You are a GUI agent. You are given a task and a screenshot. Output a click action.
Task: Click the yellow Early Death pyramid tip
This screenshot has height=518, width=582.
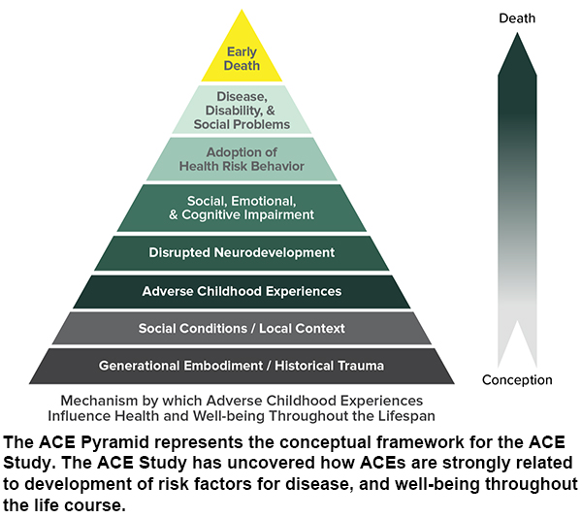coord(242,58)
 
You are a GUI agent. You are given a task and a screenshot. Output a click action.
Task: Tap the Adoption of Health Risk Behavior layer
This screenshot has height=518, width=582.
coord(242,159)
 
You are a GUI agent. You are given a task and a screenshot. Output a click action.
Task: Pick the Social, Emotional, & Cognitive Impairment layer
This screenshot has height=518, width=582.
coord(242,208)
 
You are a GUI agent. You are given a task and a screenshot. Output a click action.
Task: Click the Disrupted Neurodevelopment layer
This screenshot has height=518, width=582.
coord(242,253)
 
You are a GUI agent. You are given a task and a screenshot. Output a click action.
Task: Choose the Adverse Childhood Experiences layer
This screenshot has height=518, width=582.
coord(242,291)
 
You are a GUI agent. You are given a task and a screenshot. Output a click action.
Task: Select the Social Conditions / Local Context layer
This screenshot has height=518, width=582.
coord(242,329)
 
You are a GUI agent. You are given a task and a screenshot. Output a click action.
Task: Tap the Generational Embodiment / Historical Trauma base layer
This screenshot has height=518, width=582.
coord(242,366)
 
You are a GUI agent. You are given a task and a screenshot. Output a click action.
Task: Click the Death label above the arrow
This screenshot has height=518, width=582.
coord(517,18)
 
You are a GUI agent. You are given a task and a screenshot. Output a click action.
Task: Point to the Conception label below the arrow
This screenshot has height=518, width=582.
coord(517,380)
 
